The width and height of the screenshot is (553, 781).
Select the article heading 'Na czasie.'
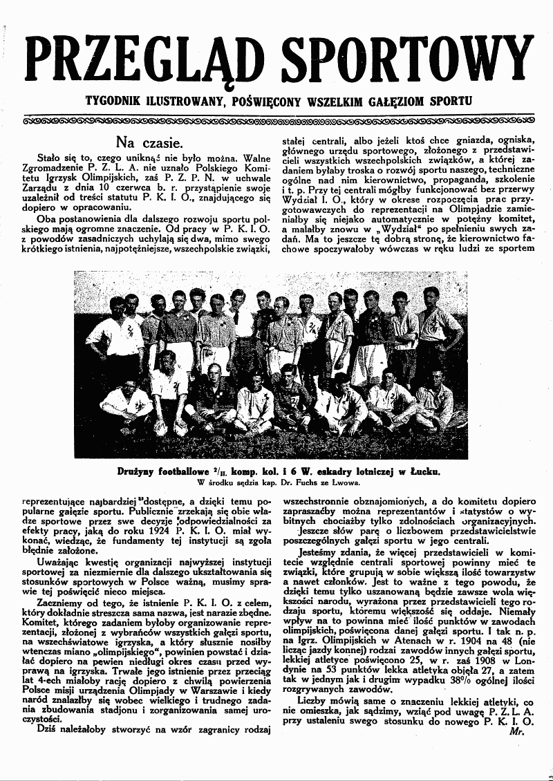149,143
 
